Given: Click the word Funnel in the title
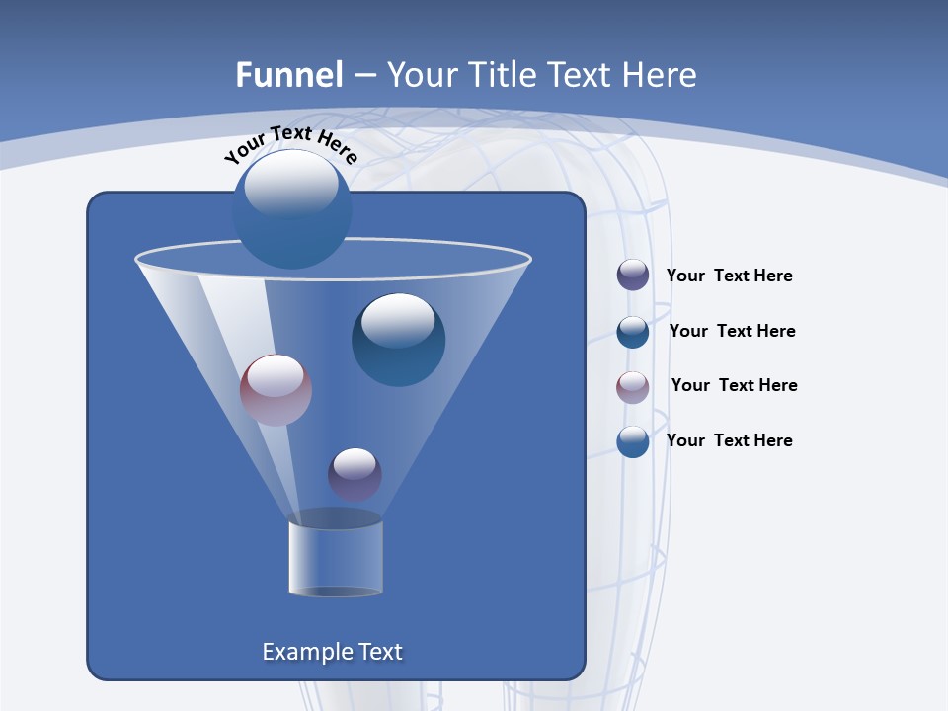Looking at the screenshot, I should coord(288,75).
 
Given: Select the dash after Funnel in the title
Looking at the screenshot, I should coord(363,76).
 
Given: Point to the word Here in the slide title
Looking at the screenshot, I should coord(661,75).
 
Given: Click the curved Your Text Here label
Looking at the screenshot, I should coord(290,143).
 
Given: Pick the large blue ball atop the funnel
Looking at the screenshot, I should coord(291,209).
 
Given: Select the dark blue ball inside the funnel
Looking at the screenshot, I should coord(398,340).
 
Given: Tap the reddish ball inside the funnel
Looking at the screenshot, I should coord(276,390).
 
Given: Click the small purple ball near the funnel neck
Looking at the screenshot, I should coord(355,474).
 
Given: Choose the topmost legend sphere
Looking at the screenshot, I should coord(633,275).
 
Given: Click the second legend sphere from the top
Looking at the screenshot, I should coord(633,332).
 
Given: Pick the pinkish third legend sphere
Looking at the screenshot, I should coord(633,386).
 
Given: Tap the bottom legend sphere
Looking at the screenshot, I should coord(633,441).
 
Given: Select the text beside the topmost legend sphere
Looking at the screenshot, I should coord(729,276).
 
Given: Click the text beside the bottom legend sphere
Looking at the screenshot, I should coord(729,440).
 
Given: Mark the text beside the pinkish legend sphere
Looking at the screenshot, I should coord(734,385).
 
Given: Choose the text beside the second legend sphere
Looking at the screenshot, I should coord(732,331).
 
